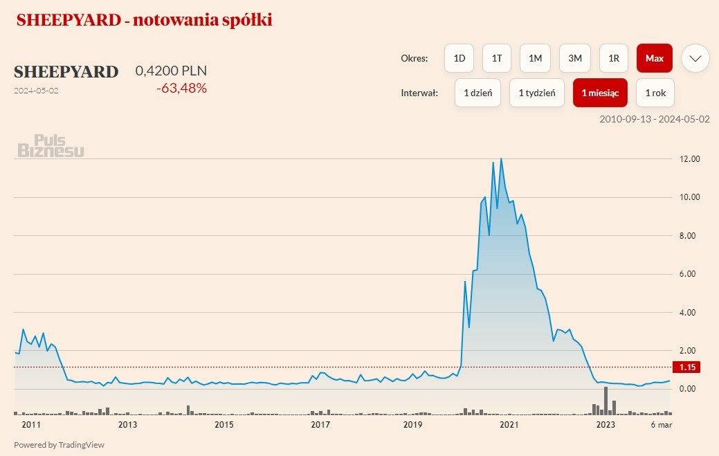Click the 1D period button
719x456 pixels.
coord(459,58)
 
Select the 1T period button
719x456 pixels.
coord(497,58)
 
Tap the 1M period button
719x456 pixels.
coord(535,58)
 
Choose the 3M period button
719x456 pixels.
coord(575,58)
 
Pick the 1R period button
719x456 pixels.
coord(613,58)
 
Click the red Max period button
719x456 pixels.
coord(654,58)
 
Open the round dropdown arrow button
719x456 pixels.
coord(695,58)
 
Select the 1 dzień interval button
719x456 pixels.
coord(477,93)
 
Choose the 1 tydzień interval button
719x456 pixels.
coord(536,93)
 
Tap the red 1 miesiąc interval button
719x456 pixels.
coord(600,93)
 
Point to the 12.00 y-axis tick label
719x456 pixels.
coord(691,159)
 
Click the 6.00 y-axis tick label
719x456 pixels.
coord(691,274)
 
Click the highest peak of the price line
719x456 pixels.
coord(501,159)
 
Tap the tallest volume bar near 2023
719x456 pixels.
coord(606,401)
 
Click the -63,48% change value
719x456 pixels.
coord(181,88)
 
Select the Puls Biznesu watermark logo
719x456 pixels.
coord(51,146)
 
